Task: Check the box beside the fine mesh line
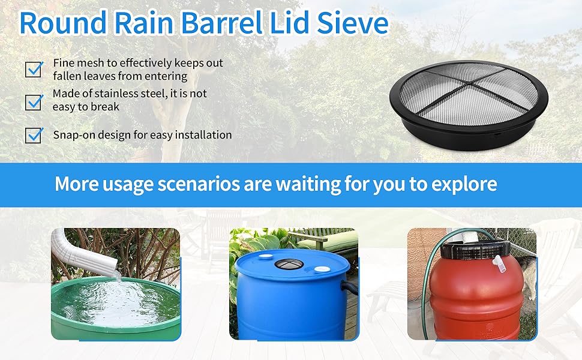(x=34, y=69)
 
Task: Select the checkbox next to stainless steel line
(x=34, y=101)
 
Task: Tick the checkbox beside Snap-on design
(x=34, y=135)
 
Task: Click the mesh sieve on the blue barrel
(x=289, y=264)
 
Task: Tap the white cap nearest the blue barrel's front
(x=322, y=269)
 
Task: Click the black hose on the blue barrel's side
(x=349, y=287)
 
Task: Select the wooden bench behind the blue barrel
(x=326, y=240)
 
